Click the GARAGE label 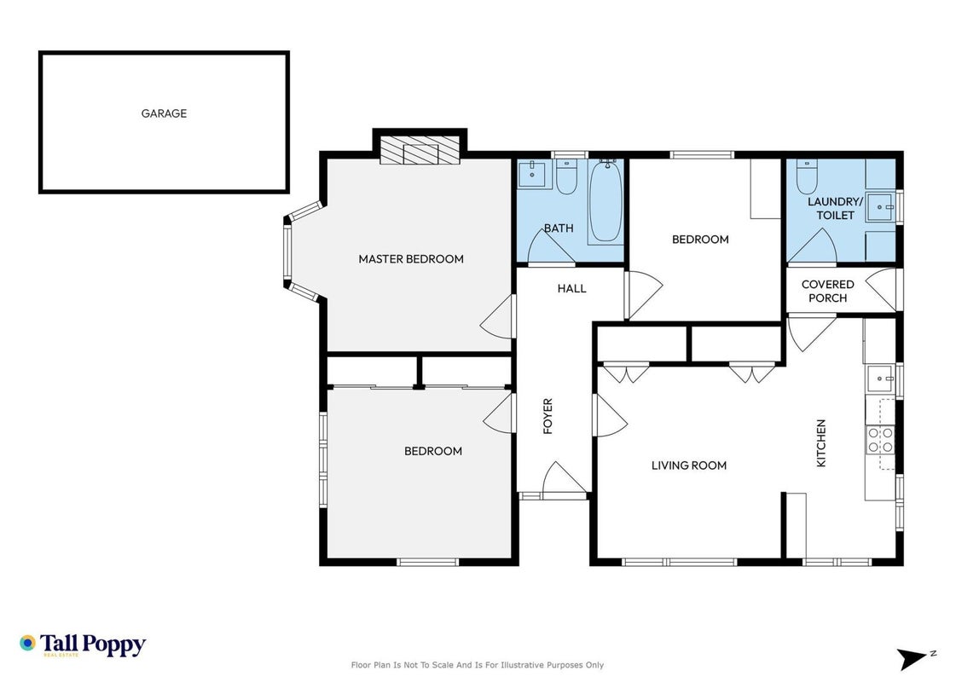point(164,113)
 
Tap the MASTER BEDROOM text point(411,259)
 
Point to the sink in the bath point(535,174)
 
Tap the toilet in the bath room point(566,176)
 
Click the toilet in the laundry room point(807,176)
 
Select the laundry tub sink point(881,207)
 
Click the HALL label point(572,288)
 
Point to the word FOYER point(548,416)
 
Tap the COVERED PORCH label point(827,292)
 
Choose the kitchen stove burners point(880,440)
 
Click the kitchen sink point(881,379)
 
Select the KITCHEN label point(821,443)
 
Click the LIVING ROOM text point(689,465)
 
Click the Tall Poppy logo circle point(27,643)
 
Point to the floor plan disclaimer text point(478,665)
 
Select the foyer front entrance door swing point(564,477)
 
